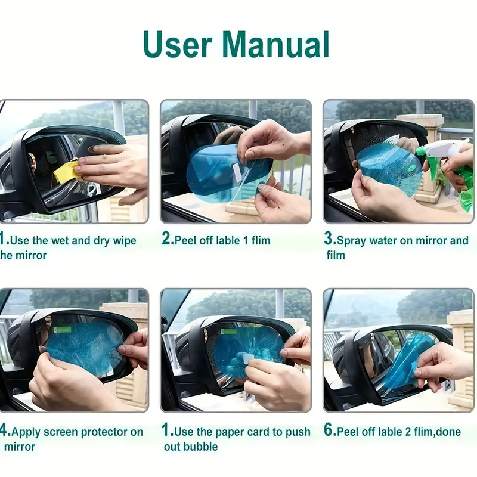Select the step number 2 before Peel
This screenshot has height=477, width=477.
pyautogui.click(x=167, y=240)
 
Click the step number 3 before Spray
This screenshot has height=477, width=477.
pyautogui.click(x=329, y=240)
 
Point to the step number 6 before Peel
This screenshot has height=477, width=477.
pyautogui.click(x=329, y=431)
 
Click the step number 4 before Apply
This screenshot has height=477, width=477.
pyautogui.click(x=4, y=431)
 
